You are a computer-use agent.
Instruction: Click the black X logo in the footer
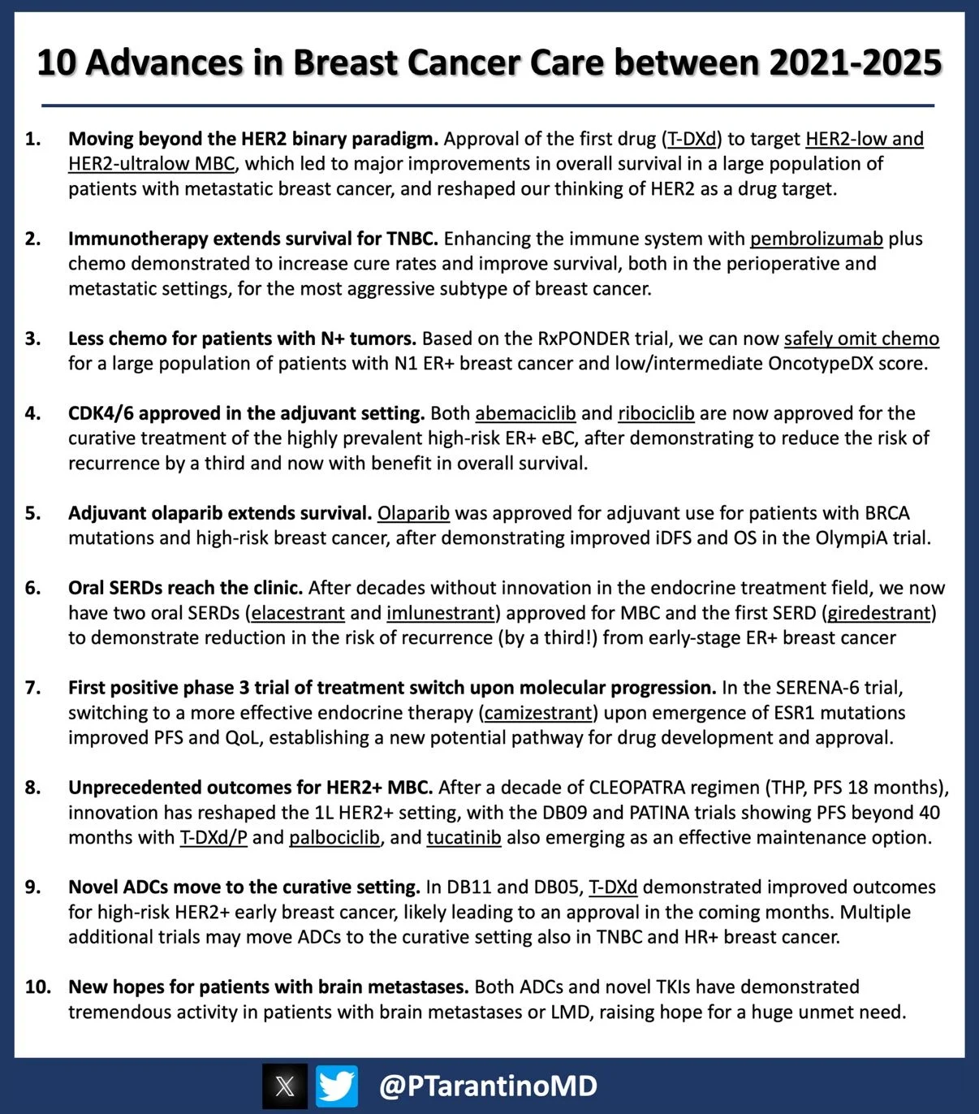(x=285, y=1086)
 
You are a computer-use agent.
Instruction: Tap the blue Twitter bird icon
(x=337, y=1086)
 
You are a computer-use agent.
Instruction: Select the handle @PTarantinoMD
(x=488, y=1086)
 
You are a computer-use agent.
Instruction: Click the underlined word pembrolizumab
(x=816, y=239)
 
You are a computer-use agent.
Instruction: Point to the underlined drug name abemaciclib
(x=525, y=413)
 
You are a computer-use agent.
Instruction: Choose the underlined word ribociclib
(x=656, y=413)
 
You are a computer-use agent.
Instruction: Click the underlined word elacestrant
(x=298, y=612)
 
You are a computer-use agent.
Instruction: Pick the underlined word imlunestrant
(x=441, y=612)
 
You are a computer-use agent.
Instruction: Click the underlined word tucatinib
(x=464, y=837)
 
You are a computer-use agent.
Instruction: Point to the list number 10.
(x=37, y=987)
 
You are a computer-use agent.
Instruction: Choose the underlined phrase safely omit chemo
(x=861, y=339)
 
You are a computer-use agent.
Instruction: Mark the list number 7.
(x=32, y=688)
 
